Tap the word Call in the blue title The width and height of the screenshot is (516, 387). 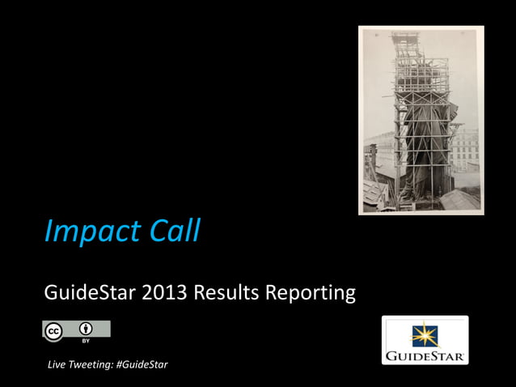click(172, 231)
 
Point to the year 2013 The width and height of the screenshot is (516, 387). click(166, 292)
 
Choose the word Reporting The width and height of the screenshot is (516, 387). click(311, 293)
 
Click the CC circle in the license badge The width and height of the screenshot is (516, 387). click(54, 330)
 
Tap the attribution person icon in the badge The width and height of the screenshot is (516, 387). click(85, 329)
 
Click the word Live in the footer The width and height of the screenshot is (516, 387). click(59, 365)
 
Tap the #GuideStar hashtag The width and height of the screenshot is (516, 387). click(142, 365)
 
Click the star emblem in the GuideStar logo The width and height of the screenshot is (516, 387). click(425, 334)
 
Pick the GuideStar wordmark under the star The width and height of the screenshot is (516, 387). click(425, 355)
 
